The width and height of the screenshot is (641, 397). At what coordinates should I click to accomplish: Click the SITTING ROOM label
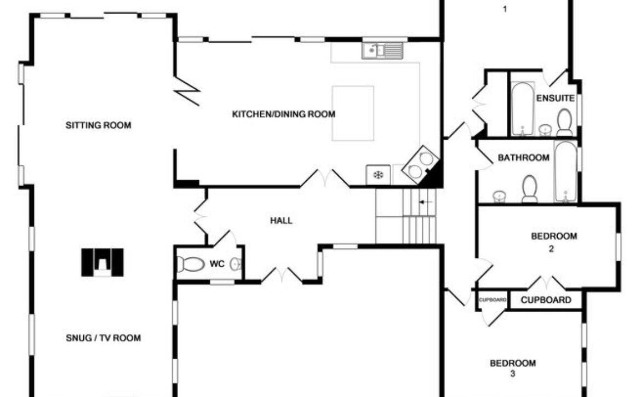tap(99, 125)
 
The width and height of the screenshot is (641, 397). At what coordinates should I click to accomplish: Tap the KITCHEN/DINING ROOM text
tap(284, 114)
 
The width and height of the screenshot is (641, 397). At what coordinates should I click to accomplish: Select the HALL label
tap(281, 221)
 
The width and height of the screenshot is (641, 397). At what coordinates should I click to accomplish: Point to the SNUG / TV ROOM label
tap(104, 338)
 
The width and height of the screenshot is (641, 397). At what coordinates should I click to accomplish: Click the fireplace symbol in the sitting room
tap(102, 262)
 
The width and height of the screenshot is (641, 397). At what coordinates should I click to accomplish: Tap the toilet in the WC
tap(191, 264)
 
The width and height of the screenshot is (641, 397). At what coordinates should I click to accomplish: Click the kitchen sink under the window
tap(382, 50)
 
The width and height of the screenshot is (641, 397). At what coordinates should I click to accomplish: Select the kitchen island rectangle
tap(353, 113)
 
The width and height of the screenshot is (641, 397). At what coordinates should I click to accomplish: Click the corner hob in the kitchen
tap(421, 165)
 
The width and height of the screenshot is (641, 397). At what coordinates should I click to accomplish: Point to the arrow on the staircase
tap(425, 202)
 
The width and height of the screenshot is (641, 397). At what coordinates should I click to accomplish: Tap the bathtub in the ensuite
tap(523, 108)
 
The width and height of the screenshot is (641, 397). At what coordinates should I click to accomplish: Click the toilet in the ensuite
tap(564, 122)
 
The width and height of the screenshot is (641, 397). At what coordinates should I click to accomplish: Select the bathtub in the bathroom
tap(566, 171)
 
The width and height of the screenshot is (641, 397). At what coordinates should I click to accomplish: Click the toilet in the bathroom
tap(530, 189)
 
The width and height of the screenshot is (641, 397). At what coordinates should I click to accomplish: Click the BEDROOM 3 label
tap(513, 368)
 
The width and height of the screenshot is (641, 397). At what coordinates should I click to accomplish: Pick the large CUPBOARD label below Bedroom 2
tap(546, 300)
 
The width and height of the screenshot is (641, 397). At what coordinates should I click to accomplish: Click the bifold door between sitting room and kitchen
tap(186, 91)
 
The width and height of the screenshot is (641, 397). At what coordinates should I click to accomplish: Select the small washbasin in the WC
tap(235, 264)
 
